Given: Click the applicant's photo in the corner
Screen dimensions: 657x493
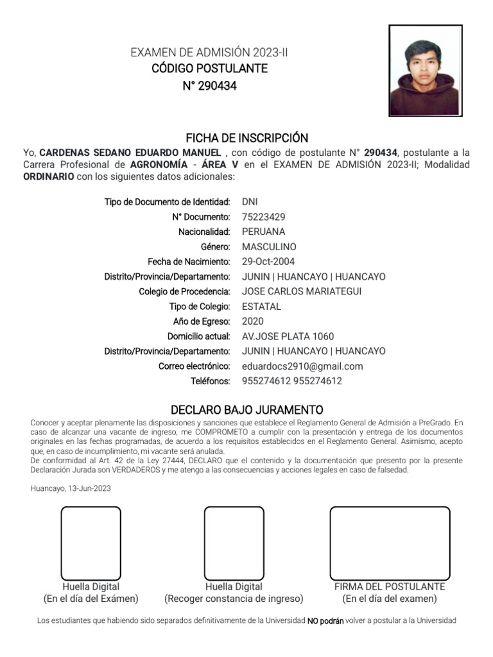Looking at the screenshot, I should [x=425, y=71].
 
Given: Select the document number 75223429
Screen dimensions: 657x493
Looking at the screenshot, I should [x=264, y=217].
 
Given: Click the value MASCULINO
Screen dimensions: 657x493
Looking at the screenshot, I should [x=269, y=247].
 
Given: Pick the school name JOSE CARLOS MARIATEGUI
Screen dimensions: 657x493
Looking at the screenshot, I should [x=302, y=292].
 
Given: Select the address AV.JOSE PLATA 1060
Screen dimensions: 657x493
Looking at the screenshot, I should [x=288, y=336].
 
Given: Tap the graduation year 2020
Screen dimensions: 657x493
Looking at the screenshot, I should [x=253, y=321].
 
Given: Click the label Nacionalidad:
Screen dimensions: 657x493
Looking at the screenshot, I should [x=204, y=232].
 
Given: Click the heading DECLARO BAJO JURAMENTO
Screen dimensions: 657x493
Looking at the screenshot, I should [x=246, y=410].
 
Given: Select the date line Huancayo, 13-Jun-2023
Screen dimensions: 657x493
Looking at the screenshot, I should [x=71, y=488].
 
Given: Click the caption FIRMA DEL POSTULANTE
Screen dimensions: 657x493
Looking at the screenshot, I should [x=390, y=587].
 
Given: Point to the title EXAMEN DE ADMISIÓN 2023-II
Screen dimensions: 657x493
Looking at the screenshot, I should [x=209, y=53].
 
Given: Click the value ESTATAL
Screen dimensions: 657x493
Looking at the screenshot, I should [x=261, y=307].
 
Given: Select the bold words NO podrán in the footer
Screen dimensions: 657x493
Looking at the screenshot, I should [x=325, y=621].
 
